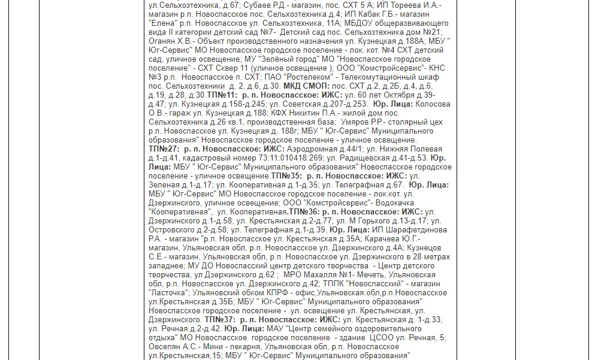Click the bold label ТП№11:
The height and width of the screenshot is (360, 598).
click(222, 95)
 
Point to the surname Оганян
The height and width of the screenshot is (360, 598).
click(163, 41)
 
